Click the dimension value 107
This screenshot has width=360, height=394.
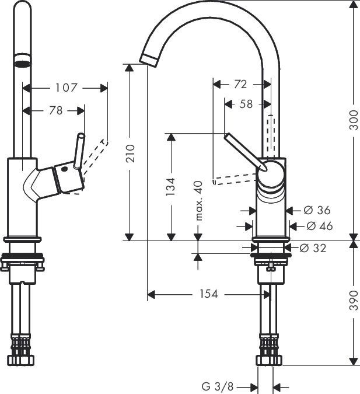(x=66, y=88)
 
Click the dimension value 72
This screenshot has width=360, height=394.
(x=240, y=84)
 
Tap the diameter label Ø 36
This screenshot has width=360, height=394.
(x=317, y=210)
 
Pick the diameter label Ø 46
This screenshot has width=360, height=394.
(x=319, y=225)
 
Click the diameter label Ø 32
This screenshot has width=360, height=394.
(x=313, y=248)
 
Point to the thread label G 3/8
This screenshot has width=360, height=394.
(x=217, y=386)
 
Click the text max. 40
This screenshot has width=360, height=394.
(x=198, y=200)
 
